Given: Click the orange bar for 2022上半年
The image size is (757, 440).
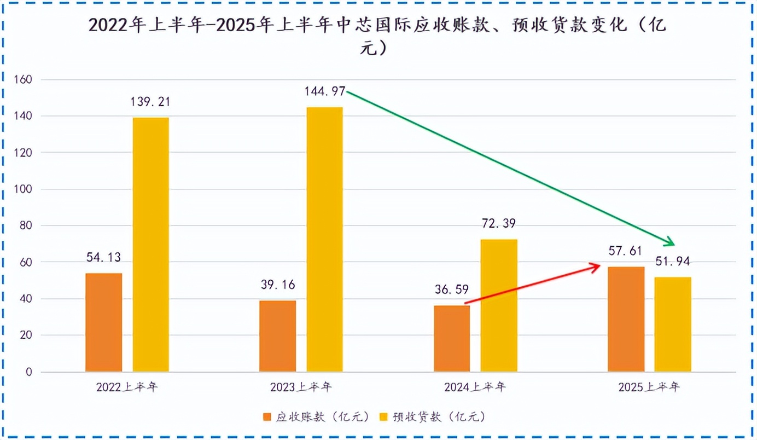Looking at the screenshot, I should [104, 322].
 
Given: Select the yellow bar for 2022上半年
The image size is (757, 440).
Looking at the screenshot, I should [151, 245].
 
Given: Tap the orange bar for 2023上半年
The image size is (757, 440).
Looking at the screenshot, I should [278, 336].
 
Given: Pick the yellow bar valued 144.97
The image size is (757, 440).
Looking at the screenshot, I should [324, 240].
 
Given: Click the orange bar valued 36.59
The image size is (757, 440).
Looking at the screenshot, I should [452, 338].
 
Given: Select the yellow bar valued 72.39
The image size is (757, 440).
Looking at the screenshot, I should [499, 305].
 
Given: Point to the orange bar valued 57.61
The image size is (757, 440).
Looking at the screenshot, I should [626, 319].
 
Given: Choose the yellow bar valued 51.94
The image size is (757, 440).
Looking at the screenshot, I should [673, 325].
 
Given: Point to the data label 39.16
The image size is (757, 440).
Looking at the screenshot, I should [278, 285].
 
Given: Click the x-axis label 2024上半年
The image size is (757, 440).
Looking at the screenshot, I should [475, 387].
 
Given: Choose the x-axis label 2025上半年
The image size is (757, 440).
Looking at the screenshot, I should [649, 387].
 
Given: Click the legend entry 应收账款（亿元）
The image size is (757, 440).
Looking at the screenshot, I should [312, 417].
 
